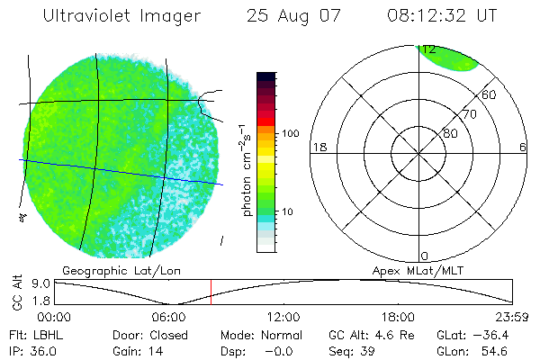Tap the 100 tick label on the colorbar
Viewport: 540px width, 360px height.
coord(291,133)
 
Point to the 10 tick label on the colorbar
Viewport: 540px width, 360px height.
coord(288,212)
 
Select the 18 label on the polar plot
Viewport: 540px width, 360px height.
coord(318,148)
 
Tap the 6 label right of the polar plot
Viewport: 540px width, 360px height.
coord(523,148)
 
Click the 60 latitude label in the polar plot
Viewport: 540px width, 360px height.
coord(489,94)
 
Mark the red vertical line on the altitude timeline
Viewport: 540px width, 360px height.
coord(211,292)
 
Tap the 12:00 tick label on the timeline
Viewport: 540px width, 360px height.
coord(283,317)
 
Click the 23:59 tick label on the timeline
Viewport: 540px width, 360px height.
coord(511,317)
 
